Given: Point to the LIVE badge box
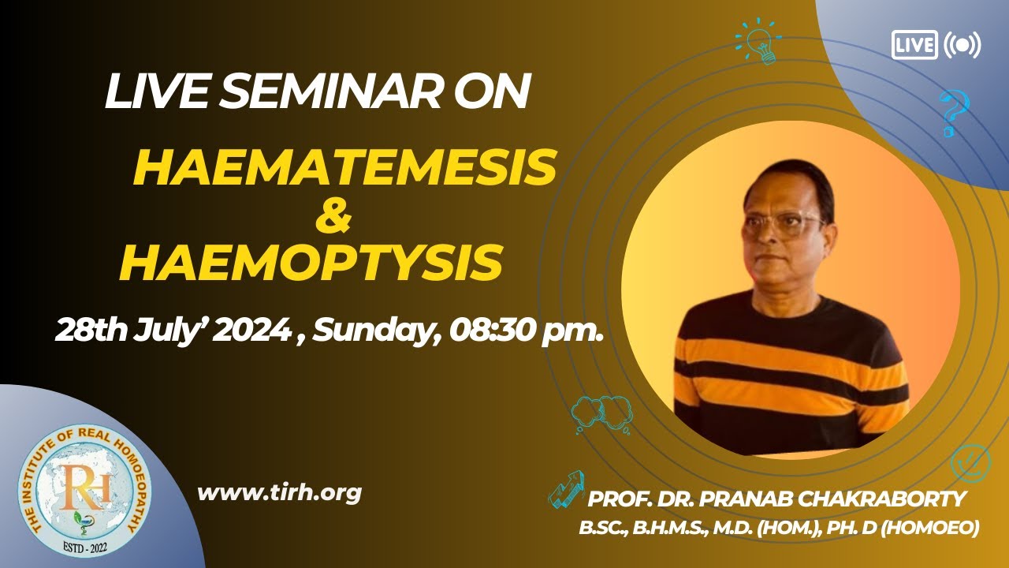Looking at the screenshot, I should [914, 44].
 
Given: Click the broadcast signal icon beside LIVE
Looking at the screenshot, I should [962, 45].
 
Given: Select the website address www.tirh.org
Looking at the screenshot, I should [279, 493].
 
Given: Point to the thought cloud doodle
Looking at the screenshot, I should [601, 412].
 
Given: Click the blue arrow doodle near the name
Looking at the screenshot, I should [566, 488].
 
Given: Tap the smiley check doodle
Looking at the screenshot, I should [969, 463].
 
